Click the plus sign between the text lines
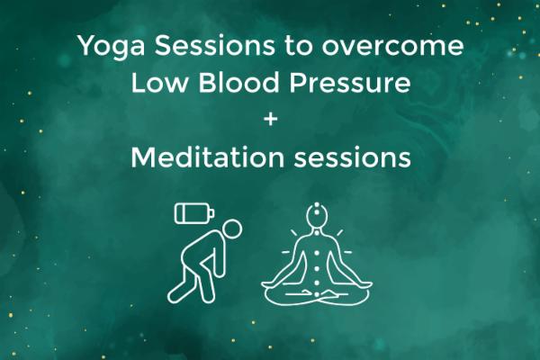[269, 120]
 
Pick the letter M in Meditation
[143, 157]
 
